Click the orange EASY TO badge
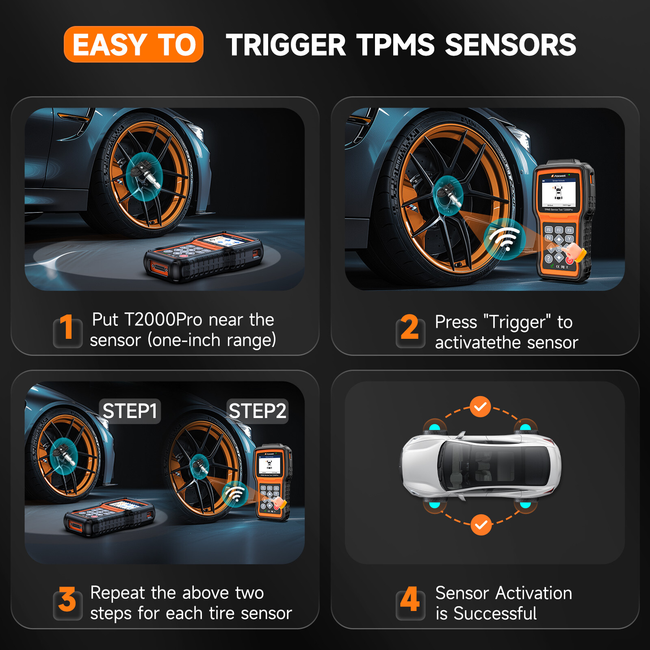coord(133,44)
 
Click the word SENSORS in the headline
coord(510,45)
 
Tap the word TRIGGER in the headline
coord(286,45)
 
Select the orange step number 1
coord(67,327)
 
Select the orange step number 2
coord(409,327)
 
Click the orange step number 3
coord(67,600)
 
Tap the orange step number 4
coord(409,600)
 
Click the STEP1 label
coord(130,411)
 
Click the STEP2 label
coord(258,411)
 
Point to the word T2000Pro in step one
coord(163,320)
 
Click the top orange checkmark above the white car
coord(481,407)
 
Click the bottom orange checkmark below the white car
coord(481,525)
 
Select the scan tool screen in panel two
coord(559,193)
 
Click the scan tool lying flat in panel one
coord(203,256)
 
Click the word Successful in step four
coord(495,613)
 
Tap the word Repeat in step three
coord(117,594)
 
